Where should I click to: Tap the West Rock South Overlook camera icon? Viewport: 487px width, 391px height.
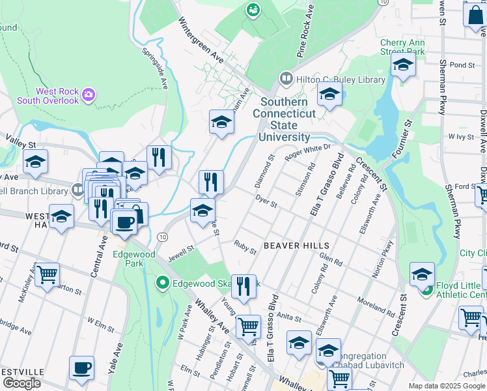coord(89,96)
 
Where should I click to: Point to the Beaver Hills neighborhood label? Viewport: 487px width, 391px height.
coord(296,246)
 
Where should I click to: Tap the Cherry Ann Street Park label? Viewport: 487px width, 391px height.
coord(402,47)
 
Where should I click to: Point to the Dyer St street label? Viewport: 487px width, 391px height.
coord(266,200)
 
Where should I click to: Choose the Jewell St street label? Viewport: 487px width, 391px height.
coord(182,249)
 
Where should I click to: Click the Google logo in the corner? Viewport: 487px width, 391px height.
coord(21,383)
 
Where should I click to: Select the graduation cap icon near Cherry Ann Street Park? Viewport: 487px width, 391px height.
coord(403,65)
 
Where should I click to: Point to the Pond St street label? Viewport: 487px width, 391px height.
coord(462,65)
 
